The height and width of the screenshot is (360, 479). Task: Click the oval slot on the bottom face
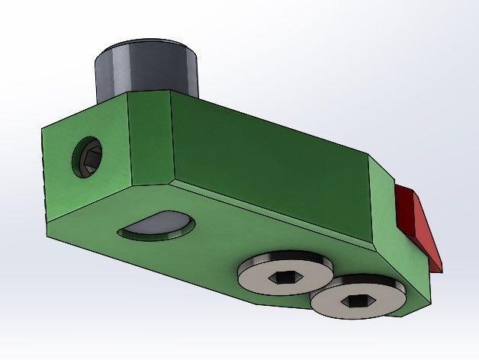tap(156, 226)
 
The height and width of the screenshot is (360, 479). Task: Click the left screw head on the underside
tap(285, 270)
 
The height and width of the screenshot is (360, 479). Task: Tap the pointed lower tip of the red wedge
tap(441, 268)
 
